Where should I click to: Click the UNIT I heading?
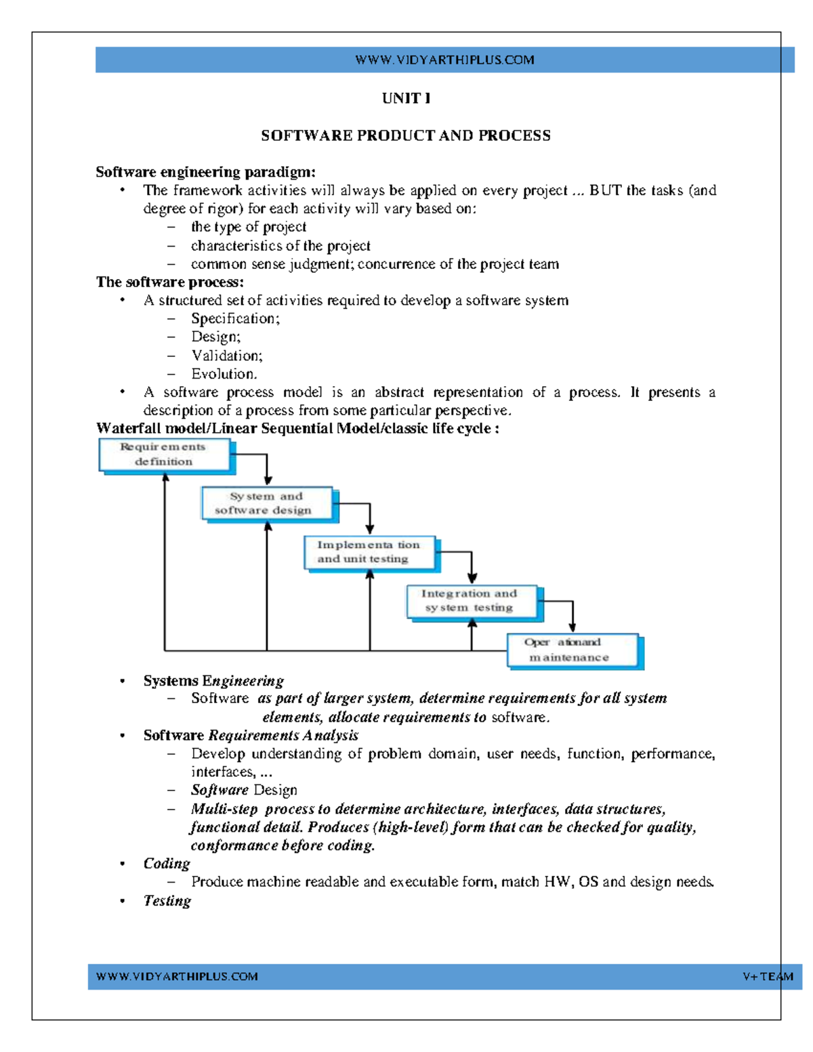pyautogui.click(x=406, y=98)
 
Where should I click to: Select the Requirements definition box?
pyautogui.click(x=164, y=455)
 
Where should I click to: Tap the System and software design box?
pyautogui.click(x=267, y=503)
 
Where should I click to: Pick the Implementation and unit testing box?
pyautogui.click(x=369, y=552)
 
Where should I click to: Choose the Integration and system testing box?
pyautogui.click(x=472, y=601)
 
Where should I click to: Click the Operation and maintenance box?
pyautogui.click(x=572, y=650)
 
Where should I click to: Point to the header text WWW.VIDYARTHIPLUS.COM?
pyautogui.click(x=444, y=60)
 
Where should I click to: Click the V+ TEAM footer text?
pyautogui.click(x=768, y=977)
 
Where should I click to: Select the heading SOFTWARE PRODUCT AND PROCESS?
pyautogui.click(x=406, y=135)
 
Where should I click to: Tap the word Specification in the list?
pyautogui.click(x=234, y=318)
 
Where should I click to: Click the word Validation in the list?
pyautogui.click(x=226, y=356)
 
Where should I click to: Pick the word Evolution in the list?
pyautogui.click(x=223, y=374)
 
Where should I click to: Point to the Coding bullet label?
pyautogui.click(x=167, y=864)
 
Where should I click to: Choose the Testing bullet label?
pyautogui.click(x=167, y=901)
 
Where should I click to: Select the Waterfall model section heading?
pyautogui.click(x=297, y=428)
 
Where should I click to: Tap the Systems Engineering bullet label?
pyautogui.click(x=213, y=681)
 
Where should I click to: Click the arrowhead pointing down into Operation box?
pyautogui.click(x=572, y=627)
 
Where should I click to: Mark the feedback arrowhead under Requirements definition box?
pyautogui.click(x=165, y=478)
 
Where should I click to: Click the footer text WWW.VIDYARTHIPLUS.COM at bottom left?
pyautogui.click(x=177, y=977)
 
